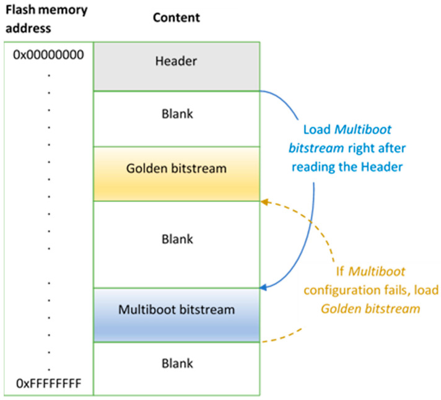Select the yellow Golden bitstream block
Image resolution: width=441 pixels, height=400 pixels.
tap(176, 173)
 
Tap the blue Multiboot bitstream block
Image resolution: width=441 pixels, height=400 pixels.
tap(176, 315)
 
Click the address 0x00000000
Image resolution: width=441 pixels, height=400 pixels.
tap(48, 55)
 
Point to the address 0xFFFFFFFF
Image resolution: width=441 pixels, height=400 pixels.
tap(48, 385)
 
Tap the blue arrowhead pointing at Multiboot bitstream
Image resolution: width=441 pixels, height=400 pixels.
tap(263, 287)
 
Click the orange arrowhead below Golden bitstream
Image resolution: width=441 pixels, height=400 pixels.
tap(264, 201)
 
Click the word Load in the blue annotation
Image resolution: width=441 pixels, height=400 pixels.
tap(314, 131)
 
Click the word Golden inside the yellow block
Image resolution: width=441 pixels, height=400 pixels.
tap(144, 168)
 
